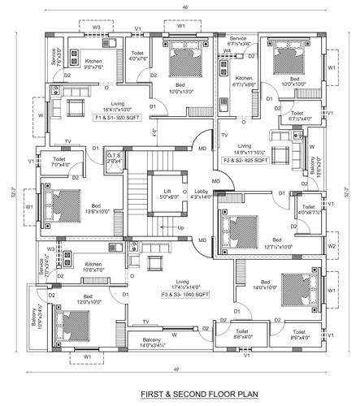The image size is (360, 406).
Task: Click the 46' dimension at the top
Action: coord(185,7)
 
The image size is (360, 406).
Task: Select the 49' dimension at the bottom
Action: coord(188,370)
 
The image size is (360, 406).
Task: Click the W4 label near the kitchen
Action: coord(228,51)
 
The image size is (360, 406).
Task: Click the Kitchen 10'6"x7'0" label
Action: coord(93,266)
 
